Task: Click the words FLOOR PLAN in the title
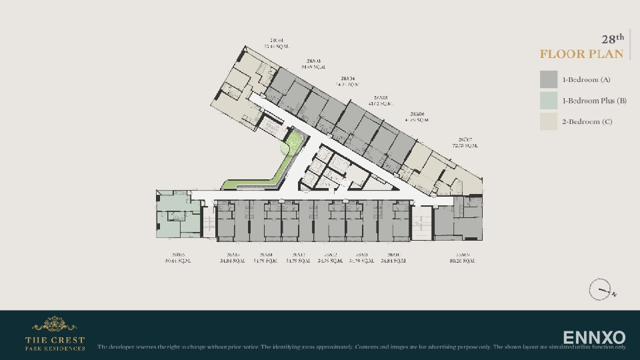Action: tap(581, 54)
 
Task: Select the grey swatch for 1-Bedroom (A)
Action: tap(549, 79)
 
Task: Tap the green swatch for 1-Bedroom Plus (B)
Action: tap(549, 101)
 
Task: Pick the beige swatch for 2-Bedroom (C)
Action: tap(549, 121)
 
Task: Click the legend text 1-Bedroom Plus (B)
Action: tap(594, 101)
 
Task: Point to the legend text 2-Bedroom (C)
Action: tap(587, 121)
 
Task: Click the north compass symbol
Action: tap(600, 290)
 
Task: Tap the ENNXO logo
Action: tap(594, 337)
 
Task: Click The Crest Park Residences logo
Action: tap(55, 334)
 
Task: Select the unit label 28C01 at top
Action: tap(275, 40)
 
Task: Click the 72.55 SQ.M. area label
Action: tap(465, 145)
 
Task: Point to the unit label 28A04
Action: tap(348, 79)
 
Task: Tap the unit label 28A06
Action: tap(418, 114)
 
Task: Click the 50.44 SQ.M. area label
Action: tap(177, 261)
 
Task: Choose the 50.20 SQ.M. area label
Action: tap(460, 261)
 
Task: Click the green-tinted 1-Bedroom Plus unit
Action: tap(177, 213)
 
